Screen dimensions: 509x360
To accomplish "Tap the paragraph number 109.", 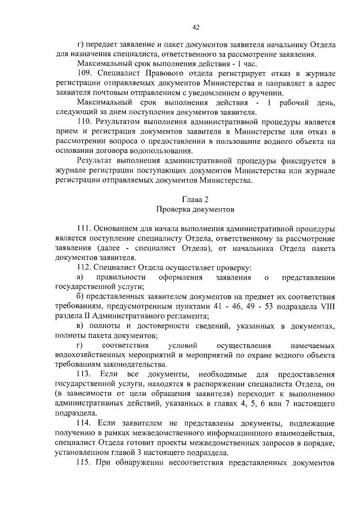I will coord(83,74).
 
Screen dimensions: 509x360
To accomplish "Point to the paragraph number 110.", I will coord(83,121).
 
